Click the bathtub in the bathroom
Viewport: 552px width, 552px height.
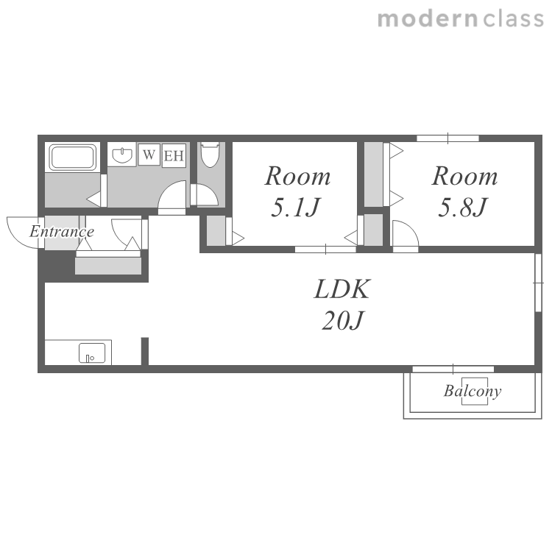click(x=73, y=157)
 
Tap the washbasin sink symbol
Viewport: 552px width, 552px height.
click(x=122, y=155)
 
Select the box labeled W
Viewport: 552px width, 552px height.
click(x=149, y=155)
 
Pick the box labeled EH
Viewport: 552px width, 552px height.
click(x=174, y=155)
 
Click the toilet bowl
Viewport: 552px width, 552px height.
click(x=210, y=155)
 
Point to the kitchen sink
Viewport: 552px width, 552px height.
click(x=92, y=353)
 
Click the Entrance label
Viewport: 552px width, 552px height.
click(x=62, y=232)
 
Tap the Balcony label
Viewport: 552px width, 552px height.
click(x=473, y=391)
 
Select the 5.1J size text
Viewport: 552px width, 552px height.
click(x=295, y=208)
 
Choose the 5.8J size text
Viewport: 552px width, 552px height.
click(x=462, y=208)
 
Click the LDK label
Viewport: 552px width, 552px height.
click(x=342, y=289)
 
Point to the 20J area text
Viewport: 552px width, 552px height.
click(x=342, y=320)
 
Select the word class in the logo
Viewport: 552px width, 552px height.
click(x=513, y=19)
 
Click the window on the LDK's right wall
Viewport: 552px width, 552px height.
click(x=538, y=283)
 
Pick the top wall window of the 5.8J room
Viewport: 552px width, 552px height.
click(x=447, y=138)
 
